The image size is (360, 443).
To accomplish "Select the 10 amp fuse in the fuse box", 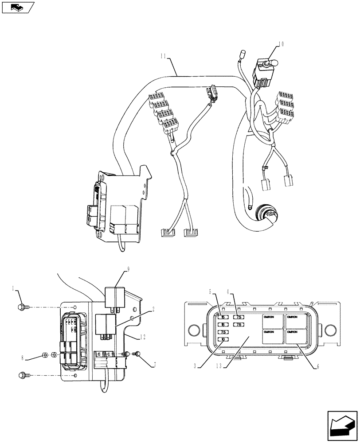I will tap(223, 340).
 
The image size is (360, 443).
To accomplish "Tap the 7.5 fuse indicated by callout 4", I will tap(239, 317).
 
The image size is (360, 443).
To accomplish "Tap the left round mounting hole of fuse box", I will tap(194, 330).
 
